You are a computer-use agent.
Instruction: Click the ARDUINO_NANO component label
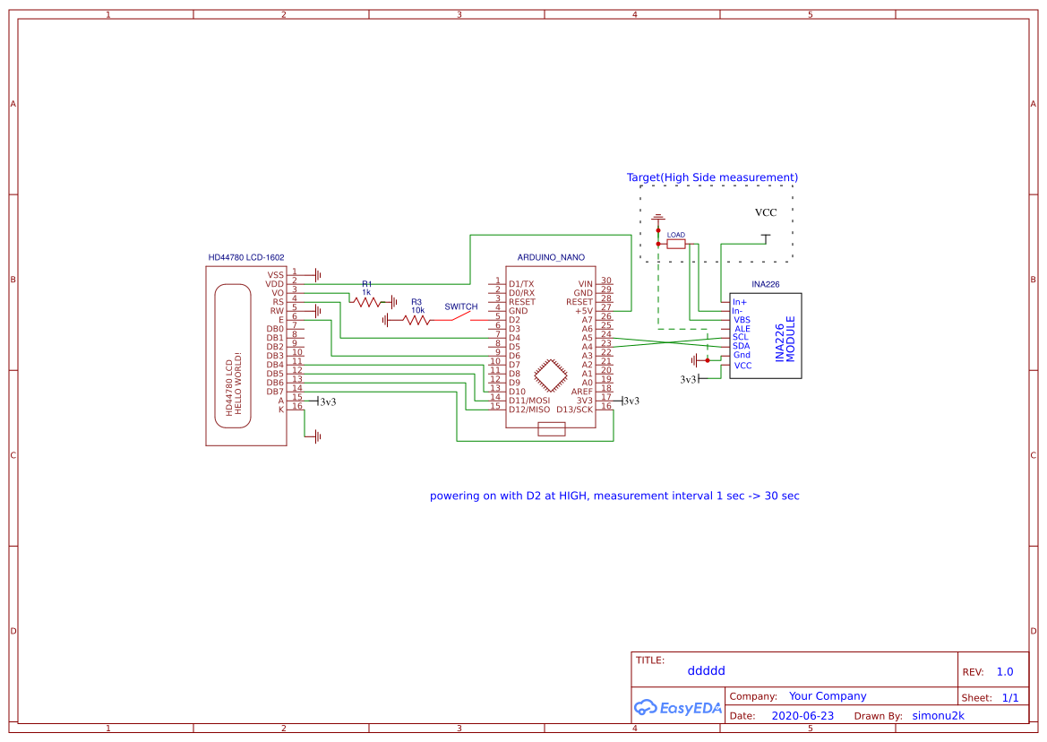551,257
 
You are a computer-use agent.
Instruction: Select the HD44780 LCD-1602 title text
246,257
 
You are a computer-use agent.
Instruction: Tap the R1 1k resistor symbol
366,302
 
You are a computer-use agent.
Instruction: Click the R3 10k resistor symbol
416,319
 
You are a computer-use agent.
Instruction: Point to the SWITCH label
461,306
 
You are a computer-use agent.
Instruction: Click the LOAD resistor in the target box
676,244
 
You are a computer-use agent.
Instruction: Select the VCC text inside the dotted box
766,212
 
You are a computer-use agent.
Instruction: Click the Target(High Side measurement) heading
712,177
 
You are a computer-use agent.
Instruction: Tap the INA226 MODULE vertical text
785,339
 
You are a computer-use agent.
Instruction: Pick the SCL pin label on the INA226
741,337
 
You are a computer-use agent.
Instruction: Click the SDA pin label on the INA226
741,346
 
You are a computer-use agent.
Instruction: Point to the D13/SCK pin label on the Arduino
574,410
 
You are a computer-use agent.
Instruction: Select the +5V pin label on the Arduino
584,311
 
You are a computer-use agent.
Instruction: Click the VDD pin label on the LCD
274,284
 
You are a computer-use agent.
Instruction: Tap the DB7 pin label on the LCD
274,392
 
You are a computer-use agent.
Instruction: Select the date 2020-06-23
802,716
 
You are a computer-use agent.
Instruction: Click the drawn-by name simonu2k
938,716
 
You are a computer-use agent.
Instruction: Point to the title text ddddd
706,670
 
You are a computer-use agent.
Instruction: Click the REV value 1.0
1005,671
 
